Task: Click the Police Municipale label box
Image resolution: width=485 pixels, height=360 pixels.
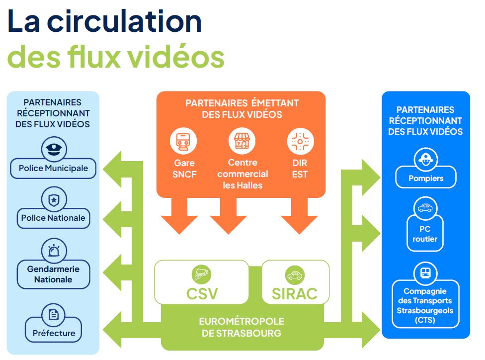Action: (53, 168)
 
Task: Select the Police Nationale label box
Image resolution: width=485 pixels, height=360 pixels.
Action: (53, 218)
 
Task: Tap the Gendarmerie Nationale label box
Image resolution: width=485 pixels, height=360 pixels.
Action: (53, 274)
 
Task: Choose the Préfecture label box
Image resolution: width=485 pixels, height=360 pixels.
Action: (54, 333)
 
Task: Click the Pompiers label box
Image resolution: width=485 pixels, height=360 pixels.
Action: (426, 178)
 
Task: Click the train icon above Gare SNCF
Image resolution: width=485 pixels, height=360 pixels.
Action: (183, 141)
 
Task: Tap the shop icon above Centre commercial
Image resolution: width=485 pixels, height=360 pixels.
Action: (242, 141)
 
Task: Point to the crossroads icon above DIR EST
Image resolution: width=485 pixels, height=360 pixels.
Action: (300, 142)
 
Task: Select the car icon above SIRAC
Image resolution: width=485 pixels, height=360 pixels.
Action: (295, 274)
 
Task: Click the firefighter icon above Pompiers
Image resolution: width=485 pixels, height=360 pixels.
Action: (425, 160)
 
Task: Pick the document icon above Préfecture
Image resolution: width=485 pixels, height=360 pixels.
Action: (53, 315)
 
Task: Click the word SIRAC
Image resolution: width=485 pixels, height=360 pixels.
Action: (295, 293)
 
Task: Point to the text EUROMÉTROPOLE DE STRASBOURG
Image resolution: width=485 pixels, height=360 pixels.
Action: (242, 327)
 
